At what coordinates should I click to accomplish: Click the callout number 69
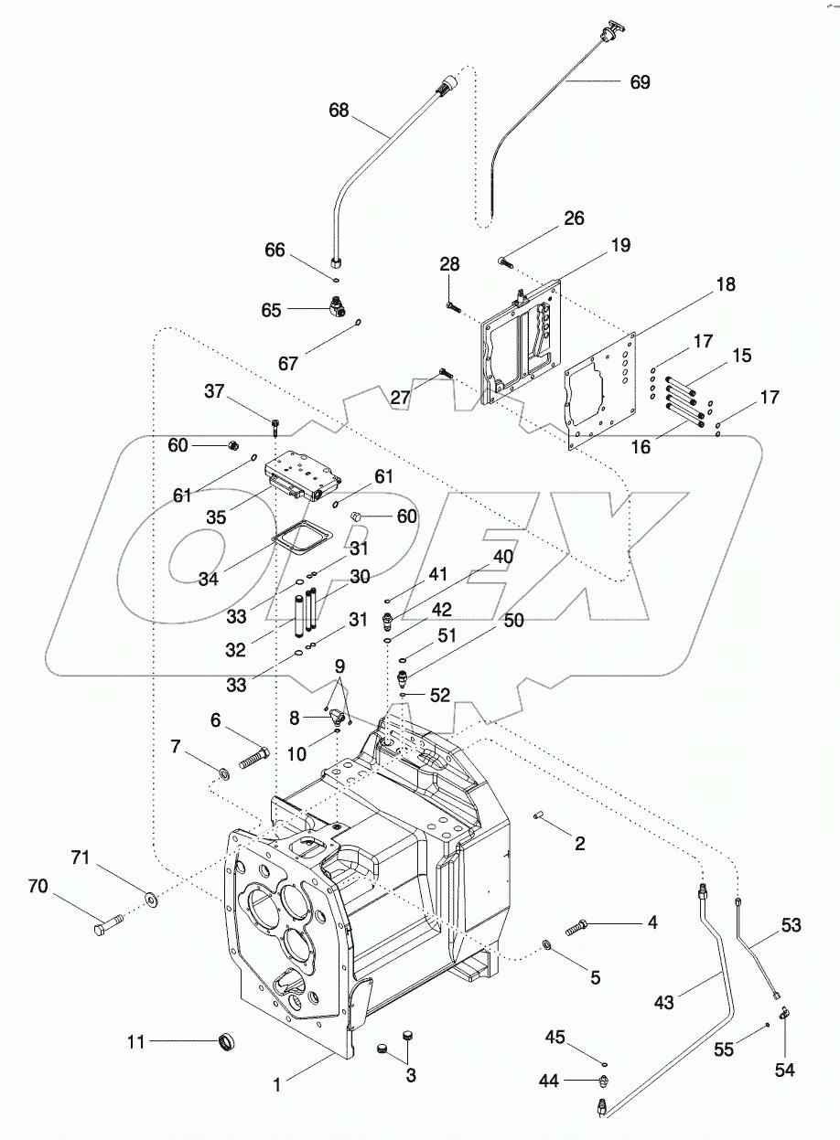click(x=640, y=81)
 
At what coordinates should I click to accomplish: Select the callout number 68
click(x=339, y=110)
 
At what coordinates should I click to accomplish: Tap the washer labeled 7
click(x=222, y=776)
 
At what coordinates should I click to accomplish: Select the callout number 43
click(x=664, y=1003)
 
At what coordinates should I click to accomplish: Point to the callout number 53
click(x=791, y=926)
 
